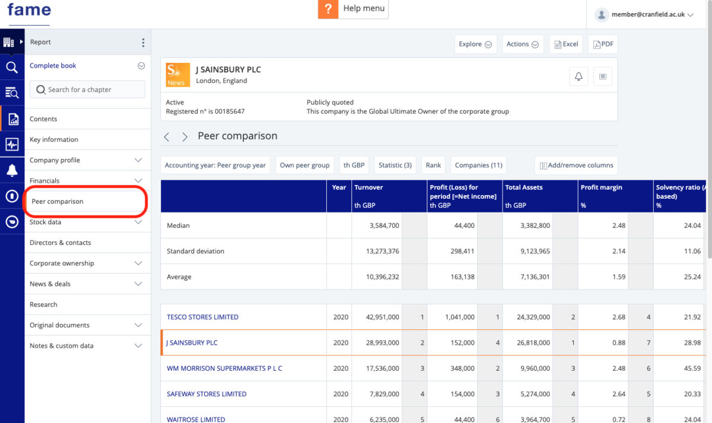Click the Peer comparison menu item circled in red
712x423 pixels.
point(58,202)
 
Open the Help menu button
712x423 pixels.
point(353,9)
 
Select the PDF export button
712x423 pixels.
point(602,44)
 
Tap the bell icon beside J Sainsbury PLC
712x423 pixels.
point(578,76)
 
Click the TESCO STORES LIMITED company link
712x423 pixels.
point(202,317)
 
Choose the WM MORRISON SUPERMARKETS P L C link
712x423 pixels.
point(224,368)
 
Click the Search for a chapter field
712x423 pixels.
point(87,90)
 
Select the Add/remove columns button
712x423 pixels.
point(576,166)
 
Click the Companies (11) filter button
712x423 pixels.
point(478,166)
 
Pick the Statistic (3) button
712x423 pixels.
point(395,166)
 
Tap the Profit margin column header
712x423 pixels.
point(601,187)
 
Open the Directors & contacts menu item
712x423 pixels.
point(61,243)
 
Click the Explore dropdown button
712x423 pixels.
point(475,44)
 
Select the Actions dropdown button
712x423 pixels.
point(522,44)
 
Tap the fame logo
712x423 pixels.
point(29,11)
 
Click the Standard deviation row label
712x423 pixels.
point(195,252)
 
